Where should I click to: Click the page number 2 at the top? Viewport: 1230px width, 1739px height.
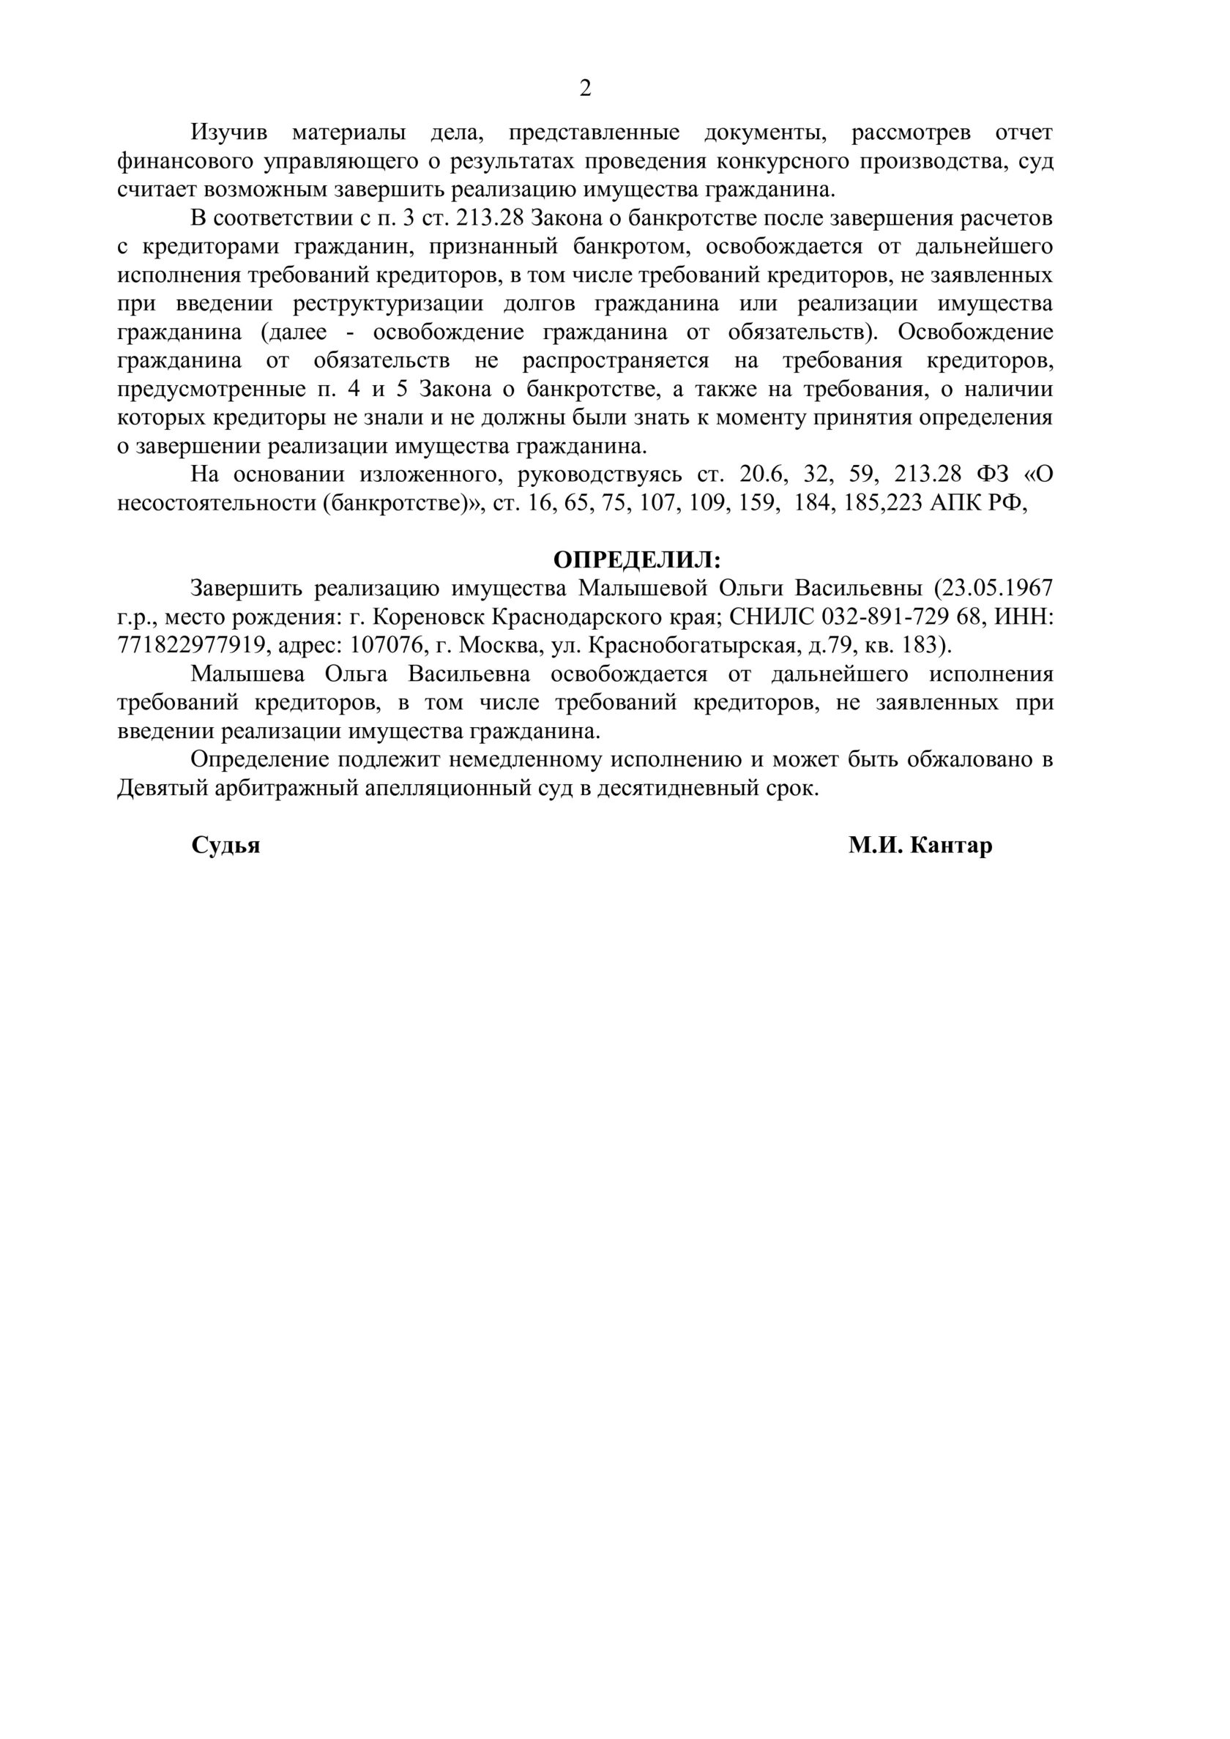click(x=585, y=89)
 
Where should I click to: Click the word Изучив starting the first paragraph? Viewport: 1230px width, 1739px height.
click(x=228, y=133)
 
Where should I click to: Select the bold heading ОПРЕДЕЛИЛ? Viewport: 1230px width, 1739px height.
click(x=637, y=559)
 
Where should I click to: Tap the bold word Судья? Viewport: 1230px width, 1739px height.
click(x=225, y=845)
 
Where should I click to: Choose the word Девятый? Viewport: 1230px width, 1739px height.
click(x=160, y=789)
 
